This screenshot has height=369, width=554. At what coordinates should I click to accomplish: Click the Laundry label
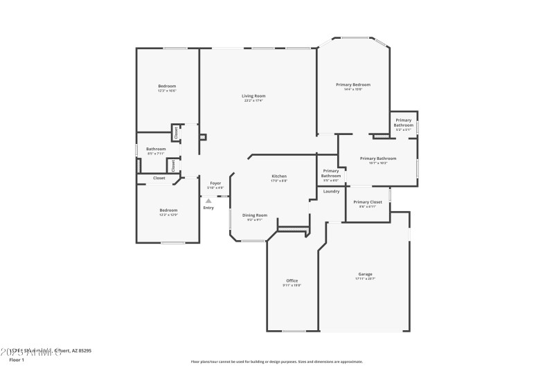(x=331, y=191)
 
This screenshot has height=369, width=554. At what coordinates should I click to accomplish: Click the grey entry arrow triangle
(x=208, y=201)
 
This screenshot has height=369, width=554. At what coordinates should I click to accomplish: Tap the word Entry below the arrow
(x=208, y=208)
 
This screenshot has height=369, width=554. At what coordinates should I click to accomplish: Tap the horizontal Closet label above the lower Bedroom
(x=159, y=178)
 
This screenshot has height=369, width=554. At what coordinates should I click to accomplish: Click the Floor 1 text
(x=17, y=360)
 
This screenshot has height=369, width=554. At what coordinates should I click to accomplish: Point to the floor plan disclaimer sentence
(x=276, y=361)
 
